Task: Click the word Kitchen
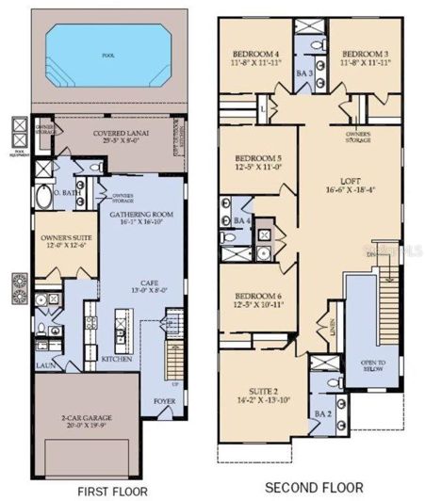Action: (x=117, y=360)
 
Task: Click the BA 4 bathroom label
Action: (x=240, y=220)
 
